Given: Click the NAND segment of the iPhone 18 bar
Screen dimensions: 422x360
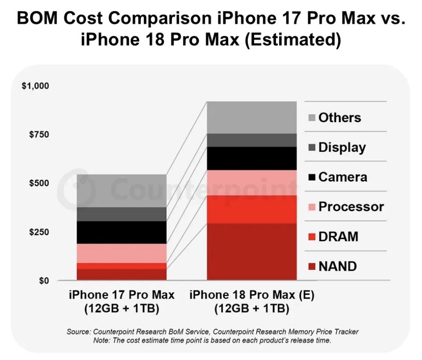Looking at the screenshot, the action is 251,251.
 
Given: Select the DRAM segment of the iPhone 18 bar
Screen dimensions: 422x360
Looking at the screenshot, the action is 251,209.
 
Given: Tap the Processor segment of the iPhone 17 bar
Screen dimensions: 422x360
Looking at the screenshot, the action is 122,253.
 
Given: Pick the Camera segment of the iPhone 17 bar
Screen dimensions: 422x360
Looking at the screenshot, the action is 122,233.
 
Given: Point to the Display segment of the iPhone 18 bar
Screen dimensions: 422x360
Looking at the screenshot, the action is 251,140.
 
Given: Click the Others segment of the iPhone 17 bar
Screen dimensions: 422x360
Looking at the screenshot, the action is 122,191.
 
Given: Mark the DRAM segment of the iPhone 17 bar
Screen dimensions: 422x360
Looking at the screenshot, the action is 122,266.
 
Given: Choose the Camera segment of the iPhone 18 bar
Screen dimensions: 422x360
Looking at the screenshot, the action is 251,159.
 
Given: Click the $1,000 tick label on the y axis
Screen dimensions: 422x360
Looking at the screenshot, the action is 36,86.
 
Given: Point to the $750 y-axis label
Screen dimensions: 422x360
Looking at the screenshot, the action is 39,134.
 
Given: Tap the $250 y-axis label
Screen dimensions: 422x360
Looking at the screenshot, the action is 39,232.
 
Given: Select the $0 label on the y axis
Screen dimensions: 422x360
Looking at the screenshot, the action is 44,280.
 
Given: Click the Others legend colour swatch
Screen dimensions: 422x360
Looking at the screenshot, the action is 312,117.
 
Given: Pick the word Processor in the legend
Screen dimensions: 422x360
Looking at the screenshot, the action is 351,207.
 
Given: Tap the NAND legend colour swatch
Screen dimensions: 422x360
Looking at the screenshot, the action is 312,266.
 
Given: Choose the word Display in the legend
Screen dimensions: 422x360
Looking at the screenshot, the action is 342,147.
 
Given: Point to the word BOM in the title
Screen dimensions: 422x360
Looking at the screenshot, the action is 37,18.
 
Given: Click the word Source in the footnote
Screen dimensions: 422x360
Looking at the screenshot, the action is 78,331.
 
